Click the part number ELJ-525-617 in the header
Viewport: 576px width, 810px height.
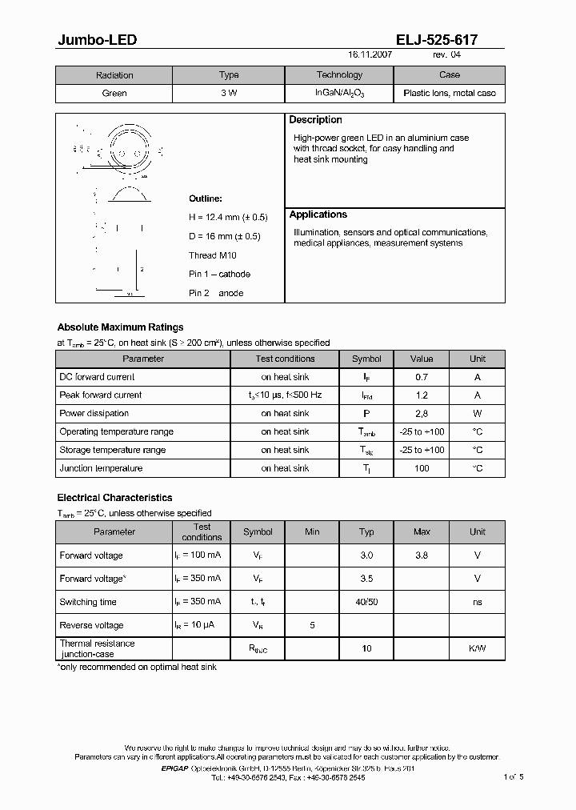(437, 39)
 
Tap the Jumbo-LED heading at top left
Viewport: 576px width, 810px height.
(91, 39)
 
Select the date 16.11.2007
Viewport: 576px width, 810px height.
(370, 54)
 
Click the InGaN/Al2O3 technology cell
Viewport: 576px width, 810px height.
(339, 94)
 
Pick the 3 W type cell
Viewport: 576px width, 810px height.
(229, 94)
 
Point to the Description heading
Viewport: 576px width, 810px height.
(315, 120)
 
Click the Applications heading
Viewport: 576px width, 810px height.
(318, 215)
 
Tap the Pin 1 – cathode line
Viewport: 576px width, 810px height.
(219, 275)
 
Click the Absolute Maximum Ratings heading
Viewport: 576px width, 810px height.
(120, 327)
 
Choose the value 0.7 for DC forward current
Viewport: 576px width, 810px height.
(422, 377)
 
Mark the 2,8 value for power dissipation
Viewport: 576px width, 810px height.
(422, 414)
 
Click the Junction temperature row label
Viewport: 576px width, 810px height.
(101, 468)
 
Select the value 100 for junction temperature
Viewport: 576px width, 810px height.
(422, 468)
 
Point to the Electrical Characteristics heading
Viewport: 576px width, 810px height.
(114, 498)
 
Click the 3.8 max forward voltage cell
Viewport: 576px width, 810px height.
(422, 555)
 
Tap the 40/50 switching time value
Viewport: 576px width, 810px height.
(366, 602)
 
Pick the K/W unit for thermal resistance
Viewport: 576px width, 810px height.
(477, 648)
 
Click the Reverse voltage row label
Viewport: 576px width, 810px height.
(91, 625)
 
